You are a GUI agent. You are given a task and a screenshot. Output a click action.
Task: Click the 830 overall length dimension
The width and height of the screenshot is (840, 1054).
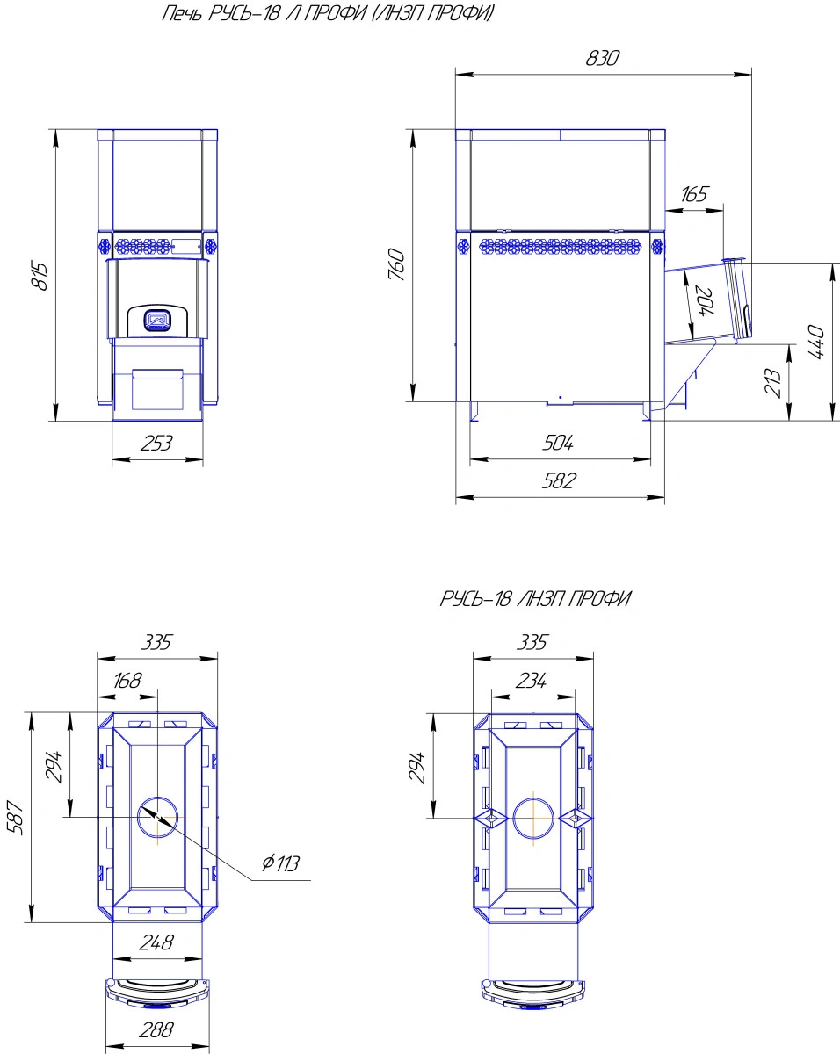click(x=602, y=58)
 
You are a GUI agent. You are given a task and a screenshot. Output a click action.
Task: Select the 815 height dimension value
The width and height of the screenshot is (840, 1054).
click(x=40, y=276)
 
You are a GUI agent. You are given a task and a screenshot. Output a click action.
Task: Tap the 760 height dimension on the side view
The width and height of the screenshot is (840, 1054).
click(x=397, y=264)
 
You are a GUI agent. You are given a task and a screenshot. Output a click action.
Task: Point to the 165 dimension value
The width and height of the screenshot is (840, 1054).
click(x=694, y=194)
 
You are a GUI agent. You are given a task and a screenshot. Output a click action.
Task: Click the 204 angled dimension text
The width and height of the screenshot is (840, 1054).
click(x=705, y=300)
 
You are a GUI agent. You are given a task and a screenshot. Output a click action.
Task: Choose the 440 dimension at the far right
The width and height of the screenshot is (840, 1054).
click(x=816, y=342)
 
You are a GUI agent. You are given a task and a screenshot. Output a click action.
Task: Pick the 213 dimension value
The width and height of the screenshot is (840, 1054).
click(x=772, y=383)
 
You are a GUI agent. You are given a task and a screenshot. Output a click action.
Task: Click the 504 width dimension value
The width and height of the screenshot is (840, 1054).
click(x=558, y=443)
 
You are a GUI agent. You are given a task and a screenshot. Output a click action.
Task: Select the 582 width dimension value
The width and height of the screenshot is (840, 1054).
click(x=559, y=481)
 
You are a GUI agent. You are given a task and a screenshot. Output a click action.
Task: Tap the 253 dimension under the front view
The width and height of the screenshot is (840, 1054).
click(x=156, y=444)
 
